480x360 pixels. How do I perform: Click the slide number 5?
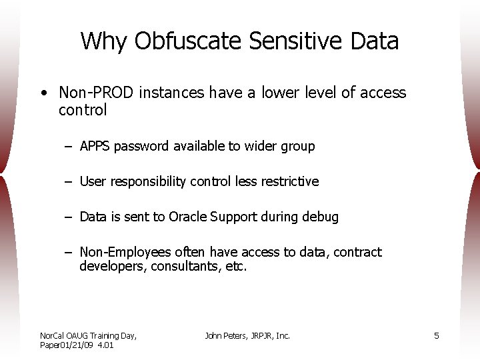click(437, 336)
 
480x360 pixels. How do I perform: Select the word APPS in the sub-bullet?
click(95, 146)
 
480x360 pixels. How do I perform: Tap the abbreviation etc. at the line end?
click(237, 267)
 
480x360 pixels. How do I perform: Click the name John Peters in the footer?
click(226, 336)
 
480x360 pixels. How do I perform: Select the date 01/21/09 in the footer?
click(79, 345)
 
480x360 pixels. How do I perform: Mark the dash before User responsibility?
click(69, 181)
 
